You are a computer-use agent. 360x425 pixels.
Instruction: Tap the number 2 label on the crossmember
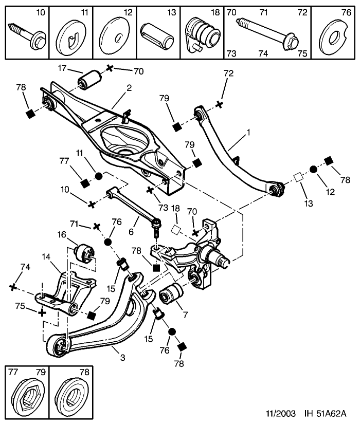[129, 88]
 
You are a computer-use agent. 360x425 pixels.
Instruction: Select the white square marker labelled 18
[176, 230]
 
